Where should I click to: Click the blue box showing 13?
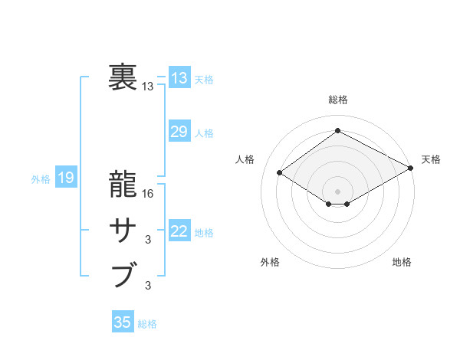(x=179, y=78)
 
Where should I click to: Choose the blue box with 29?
(x=179, y=131)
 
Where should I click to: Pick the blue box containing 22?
(x=179, y=231)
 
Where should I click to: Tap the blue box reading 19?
(x=66, y=178)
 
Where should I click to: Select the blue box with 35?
(x=123, y=322)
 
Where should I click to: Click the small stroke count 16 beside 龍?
(x=149, y=194)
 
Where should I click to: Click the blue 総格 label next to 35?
(x=147, y=324)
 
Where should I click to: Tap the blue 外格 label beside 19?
(x=41, y=179)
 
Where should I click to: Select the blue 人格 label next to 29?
(x=204, y=133)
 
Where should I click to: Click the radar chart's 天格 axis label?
(x=431, y=159)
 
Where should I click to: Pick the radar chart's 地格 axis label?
(x=402, y=262)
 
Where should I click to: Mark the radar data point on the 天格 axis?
(x=411, y=168)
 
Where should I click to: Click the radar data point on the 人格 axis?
(x=280, y=173)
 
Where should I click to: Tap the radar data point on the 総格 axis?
(x=337, y=131)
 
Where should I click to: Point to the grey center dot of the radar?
(x=337, y=191)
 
